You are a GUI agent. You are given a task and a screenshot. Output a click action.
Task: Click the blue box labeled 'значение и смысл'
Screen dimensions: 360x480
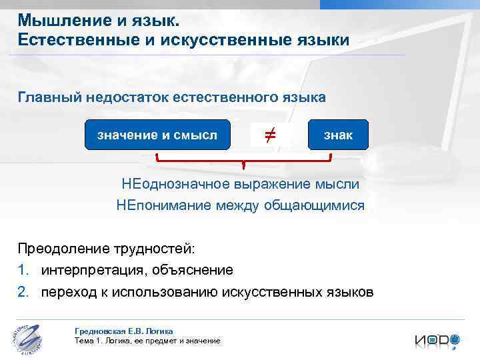coord(157,136)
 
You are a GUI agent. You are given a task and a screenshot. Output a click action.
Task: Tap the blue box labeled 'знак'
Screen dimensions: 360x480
coord(338,136)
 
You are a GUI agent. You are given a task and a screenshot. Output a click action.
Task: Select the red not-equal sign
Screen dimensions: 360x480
coord(269,136)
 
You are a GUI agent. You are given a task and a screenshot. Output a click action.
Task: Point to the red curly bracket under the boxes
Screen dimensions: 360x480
coord(243,161)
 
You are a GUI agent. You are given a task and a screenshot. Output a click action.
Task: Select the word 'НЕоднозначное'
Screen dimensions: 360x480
coord(176,183)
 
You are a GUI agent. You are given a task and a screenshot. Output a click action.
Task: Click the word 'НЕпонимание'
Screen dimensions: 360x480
coord(163,205)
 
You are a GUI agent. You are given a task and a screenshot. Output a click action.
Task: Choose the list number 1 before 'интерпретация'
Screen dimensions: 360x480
coord(23,270)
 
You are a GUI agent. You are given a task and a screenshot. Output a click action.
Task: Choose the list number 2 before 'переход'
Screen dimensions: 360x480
coord(23,292)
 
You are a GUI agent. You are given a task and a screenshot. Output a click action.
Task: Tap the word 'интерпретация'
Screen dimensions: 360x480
coord(93,270)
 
